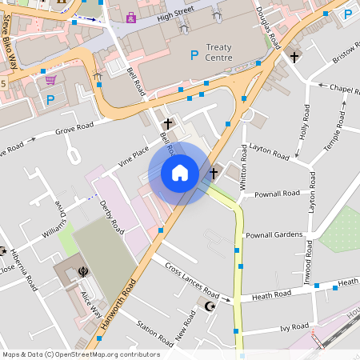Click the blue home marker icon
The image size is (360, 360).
click(x=180, y=173)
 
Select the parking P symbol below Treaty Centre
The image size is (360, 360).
click(x=193, y=54)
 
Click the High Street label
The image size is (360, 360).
click(x=175, y=15)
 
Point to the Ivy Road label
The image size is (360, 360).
click(x=295, y=327)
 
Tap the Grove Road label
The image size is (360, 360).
click(x=74, y=126)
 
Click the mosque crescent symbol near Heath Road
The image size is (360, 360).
click(x=210, y=306)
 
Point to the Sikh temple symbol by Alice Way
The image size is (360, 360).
click(x=83, y=273)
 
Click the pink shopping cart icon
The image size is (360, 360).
click(x=50, y=80)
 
